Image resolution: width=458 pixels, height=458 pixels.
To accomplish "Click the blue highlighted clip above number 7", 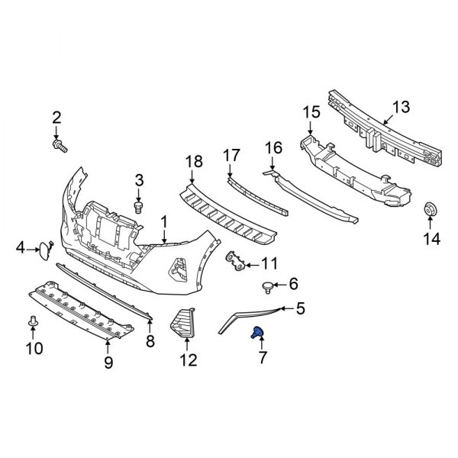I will [x=259, y=331].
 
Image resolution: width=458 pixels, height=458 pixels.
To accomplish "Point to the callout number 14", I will [x=432, y=240].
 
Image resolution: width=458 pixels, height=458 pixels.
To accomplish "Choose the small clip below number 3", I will [x=138, y=206].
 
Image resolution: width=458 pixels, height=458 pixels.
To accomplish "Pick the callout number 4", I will [x=21, y=247].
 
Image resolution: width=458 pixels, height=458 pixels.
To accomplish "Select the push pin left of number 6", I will [x=268, y=286].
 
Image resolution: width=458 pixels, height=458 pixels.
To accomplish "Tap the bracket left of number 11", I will [x=236, y=263].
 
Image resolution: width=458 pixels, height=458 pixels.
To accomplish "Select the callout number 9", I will [x=108, y=362].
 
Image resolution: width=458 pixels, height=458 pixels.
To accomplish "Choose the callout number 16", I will [x=273, y=147].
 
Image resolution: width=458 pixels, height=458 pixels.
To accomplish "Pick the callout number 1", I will [x=163, y=222].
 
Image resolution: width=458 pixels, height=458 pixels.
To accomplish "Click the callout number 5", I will [x=299, y=308].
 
